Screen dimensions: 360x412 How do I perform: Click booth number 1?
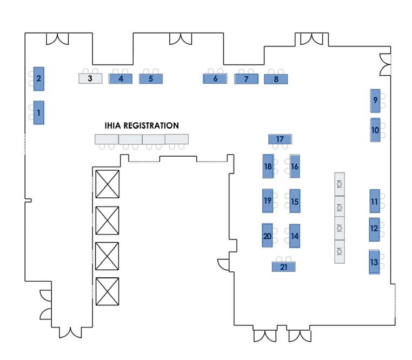pyautogui.click(x=38, y=113)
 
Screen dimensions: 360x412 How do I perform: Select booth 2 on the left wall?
pyautogui.click(x=38, y=79)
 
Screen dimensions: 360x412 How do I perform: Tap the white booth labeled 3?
pyautogui.click(x=91, y=78)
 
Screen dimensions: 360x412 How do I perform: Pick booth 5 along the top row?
pyautogui.click(x=151, y=78)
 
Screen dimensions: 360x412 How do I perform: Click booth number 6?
pyautogui.click(x=215, y=78)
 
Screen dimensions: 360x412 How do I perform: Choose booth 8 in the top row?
pyautogui.click(x=276, y=79)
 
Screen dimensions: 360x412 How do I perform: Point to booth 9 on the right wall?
pyautogui.click(x=375, y=100)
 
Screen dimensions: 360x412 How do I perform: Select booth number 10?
pyautogui.click(x=375, y=130)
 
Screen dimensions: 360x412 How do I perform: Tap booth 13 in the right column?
pyautogui.click(x=374, y=262)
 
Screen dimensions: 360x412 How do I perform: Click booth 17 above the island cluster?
pyautogui.click(x=280, y=139)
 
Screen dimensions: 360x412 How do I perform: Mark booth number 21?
pyautogui.click(x=284, y=266)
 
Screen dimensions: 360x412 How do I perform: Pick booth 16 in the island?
pyautogui.click(x=295, y=166)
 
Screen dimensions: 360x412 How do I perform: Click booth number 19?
pyautogui.click(x=268, y=201)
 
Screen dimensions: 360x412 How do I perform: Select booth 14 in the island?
pyautogui.click(x=295, y=236)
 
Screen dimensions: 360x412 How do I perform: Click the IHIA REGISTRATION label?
pyautogui.click(x=142, y=125)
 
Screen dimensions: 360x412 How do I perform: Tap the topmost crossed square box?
pyautogui.click(x=107, y=184)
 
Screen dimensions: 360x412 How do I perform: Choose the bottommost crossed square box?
pyautogui.click(x=107, y=292)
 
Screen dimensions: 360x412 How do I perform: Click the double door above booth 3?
pyautogui.click(x=57, y=39)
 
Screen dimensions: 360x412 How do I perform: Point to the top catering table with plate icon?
pyautogui.click(x=340, y=184)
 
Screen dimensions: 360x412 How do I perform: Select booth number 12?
pyautogui.click(x=374, y=229)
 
